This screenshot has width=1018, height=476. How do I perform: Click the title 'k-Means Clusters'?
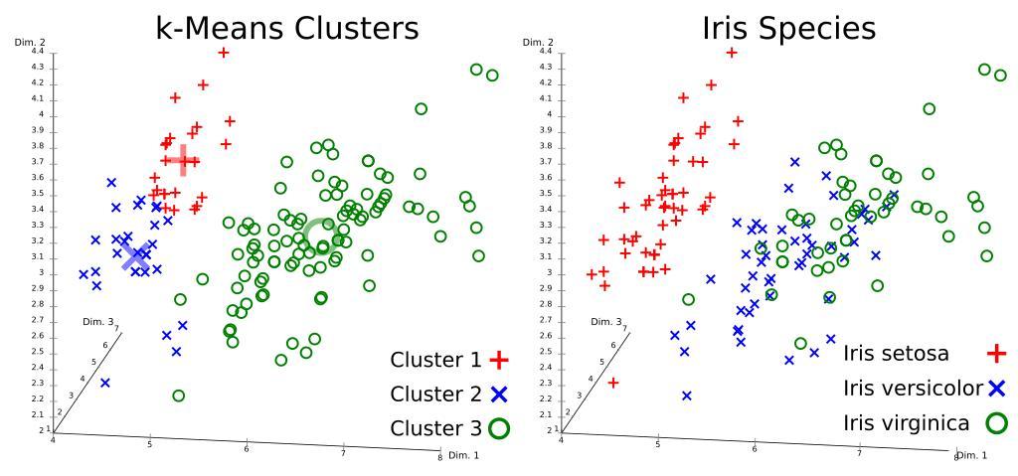(x=288, y=27)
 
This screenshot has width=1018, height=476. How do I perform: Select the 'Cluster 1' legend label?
(x=436, y=360)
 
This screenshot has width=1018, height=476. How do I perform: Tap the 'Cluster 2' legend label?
(x=436, y=395)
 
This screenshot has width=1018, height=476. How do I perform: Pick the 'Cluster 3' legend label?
(x=436, y=429)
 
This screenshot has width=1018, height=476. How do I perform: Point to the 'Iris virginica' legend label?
(x=905, y=423)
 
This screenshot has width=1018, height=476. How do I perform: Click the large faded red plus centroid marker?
(x=180, y=159)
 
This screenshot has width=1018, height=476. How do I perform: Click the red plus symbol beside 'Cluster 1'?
(x=499, y=360)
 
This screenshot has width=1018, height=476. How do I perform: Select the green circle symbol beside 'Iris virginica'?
(x=995, y=423)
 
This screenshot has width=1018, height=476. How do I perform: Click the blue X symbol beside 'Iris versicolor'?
(x=996, y=388)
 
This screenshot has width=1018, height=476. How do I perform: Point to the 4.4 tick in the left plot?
(x=39, y=51)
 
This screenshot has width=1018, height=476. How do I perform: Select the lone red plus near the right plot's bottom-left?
(x=613, y=383)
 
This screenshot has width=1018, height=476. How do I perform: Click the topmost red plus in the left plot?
(x=224, y=53)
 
